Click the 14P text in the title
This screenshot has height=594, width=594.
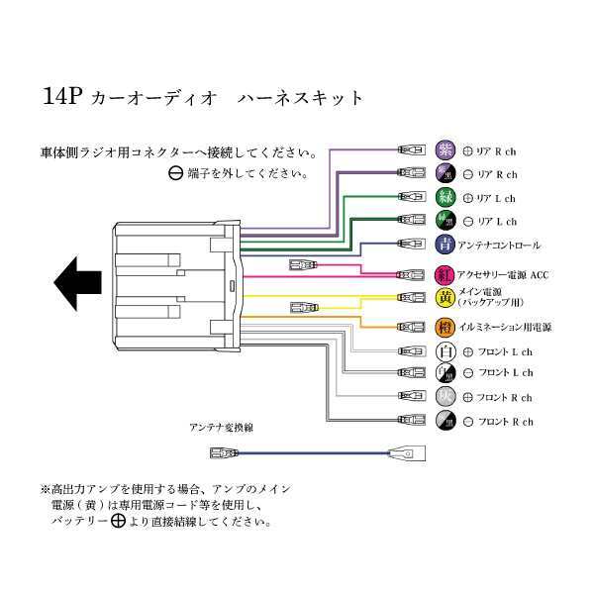pyautogui.click(x=61, y=98)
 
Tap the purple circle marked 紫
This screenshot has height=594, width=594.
pyautogui.click(x=445, y=150)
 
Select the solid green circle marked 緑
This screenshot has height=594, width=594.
pyautogui.click(x=445, y=197)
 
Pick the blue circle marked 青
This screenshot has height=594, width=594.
pyautogui.click(x=445, y=244)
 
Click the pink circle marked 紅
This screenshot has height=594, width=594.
pyautogui.click(x=445, y=274)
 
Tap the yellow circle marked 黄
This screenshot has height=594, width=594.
pyautogui.click(x=445, y=297)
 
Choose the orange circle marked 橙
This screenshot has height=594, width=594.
pyautogui.click(x=445, y=326)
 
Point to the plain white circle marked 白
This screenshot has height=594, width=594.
pyautogui.click(x=445, y=351)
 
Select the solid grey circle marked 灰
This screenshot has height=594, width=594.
pyautogui.click(x=445, y=397)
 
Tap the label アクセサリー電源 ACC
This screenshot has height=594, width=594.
pyautogui.click(x=505, y=274)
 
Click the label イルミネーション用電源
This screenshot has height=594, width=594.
pyautogui.click(x=507, y=326)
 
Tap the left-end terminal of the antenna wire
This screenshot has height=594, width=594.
pyautogui.click(x=223, y=453)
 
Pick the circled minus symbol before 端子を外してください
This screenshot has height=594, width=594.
pyautogui.click(x=175, y=173)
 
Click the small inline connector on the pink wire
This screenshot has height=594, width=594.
pyautogui.click(x=301, y=264)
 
